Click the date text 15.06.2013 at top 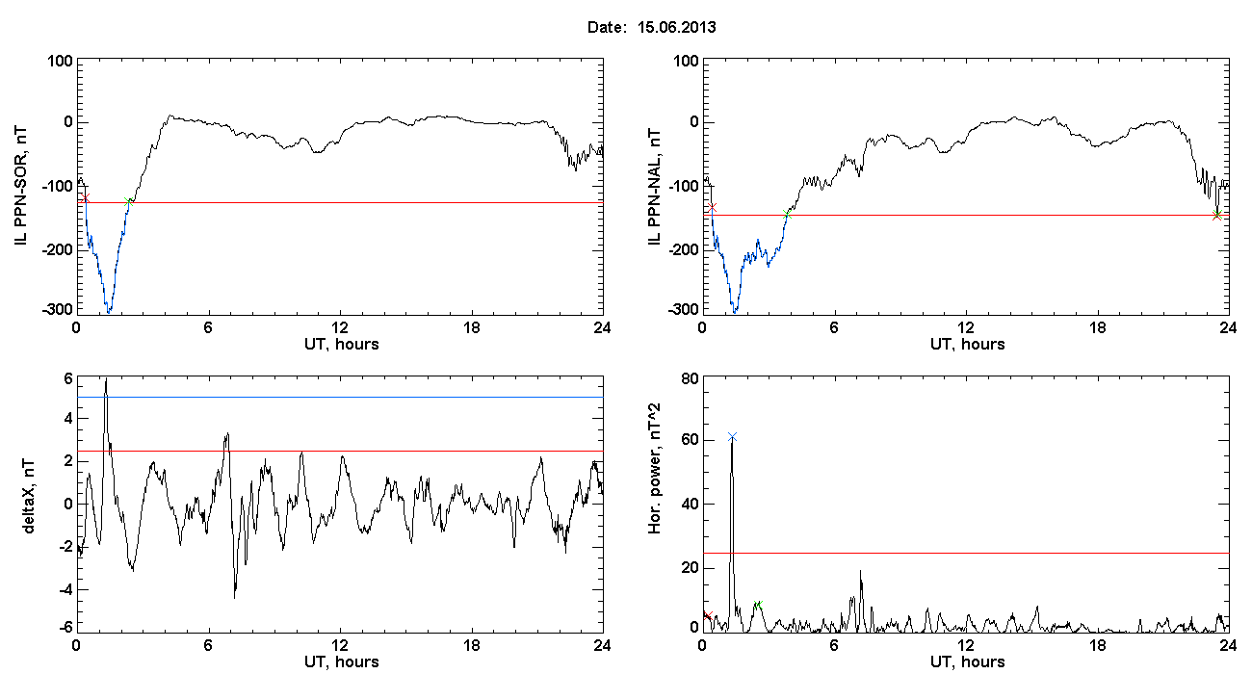[x=676, y=28]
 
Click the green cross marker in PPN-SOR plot [x=129, y=201]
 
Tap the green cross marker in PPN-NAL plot [x=1217, y=215]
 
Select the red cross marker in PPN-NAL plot [x=712, y=207]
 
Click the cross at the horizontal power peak [x=732, y=436]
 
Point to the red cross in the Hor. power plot [x=707, y=615]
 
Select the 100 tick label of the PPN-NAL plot [x=685, y=61]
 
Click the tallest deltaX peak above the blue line [x=106, y=381]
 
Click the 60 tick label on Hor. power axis [x=688, y=441]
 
